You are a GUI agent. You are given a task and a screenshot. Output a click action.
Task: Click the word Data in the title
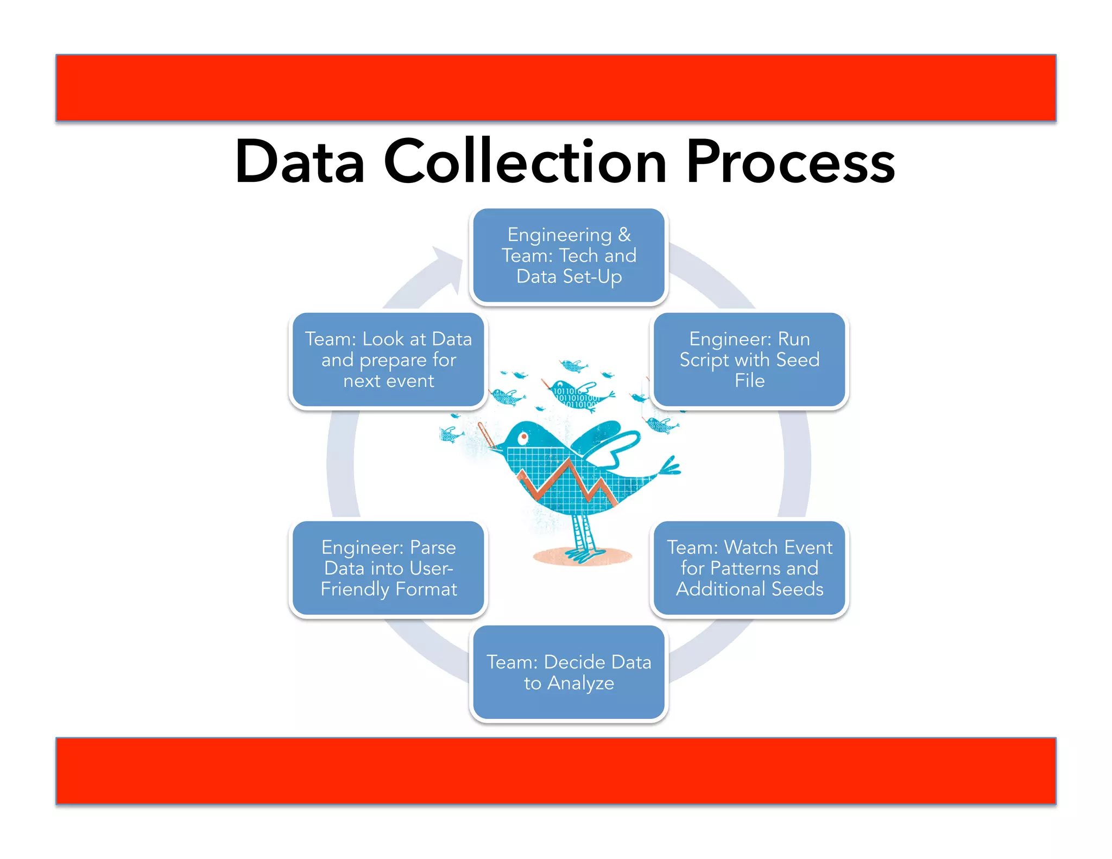[300, 162]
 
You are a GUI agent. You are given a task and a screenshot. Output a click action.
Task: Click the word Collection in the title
[525, 162]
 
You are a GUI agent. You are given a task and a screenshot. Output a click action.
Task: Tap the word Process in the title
[790, 162]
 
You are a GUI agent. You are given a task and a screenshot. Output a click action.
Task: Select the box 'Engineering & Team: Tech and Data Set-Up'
[568, 256]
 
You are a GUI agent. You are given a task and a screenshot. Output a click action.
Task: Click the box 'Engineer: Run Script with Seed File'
[749, 359]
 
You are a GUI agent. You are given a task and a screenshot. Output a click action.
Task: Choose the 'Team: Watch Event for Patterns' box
[749, 568]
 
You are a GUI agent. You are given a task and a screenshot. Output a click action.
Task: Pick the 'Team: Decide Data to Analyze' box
[568, 672]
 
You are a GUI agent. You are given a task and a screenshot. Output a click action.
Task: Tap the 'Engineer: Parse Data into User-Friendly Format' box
[388, 568]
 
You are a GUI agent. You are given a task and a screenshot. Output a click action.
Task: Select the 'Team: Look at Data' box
[388, 359]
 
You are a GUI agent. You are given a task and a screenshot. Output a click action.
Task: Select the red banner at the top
[555, 87]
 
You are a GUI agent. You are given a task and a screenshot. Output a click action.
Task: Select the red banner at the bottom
[555, 770]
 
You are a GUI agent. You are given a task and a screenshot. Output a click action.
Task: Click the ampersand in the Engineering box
[624, 235]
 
